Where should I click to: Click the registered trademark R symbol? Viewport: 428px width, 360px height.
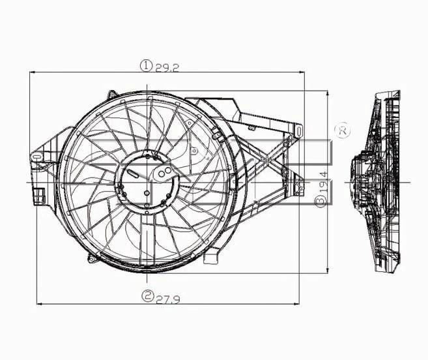tap(342, 130)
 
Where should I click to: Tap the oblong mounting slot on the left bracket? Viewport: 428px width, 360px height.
tap(36, 157)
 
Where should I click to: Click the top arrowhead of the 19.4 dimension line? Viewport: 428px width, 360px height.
tap(327, 93)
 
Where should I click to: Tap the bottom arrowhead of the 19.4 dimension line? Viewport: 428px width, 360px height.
tap(327, 269)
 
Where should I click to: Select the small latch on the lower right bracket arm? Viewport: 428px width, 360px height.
tap(299, 190)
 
